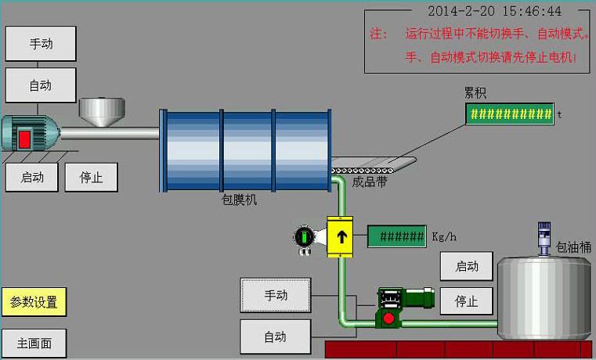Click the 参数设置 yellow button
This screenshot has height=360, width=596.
pos(34,302)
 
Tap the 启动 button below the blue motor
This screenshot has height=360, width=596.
pos(31,177)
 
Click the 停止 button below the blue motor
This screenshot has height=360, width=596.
pos(91,177)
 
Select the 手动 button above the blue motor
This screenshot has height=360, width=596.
pos(41,43)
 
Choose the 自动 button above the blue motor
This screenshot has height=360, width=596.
pos(41,85)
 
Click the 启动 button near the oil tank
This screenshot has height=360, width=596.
pos(466,266)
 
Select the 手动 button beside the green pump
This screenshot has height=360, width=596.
pos(275,295)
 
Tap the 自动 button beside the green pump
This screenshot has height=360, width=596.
pos(275,337)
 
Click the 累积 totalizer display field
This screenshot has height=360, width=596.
pos(510,114)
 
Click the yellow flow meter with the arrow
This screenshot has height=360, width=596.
pos(341,235)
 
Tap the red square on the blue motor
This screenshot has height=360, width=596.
pos(25,139)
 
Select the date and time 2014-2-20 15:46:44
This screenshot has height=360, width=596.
pos(494,11)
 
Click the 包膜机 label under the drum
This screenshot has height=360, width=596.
pos(240,200)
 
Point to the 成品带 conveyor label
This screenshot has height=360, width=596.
pos(370,182)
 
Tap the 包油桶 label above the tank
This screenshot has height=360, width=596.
pos(573,247)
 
